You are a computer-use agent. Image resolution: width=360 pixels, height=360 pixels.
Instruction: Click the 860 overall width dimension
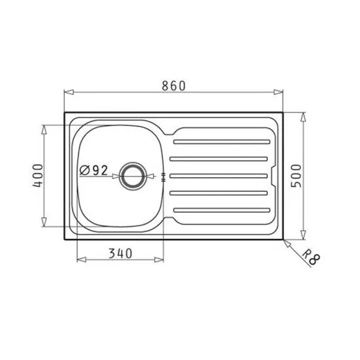pos(174,86)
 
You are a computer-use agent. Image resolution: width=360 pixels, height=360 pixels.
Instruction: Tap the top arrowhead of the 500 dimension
pos(303,116)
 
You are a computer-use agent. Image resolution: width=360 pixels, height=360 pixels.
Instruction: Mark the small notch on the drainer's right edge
pos(273,175)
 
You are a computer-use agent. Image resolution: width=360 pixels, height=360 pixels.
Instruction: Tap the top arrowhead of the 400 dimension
pos(44,126)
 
